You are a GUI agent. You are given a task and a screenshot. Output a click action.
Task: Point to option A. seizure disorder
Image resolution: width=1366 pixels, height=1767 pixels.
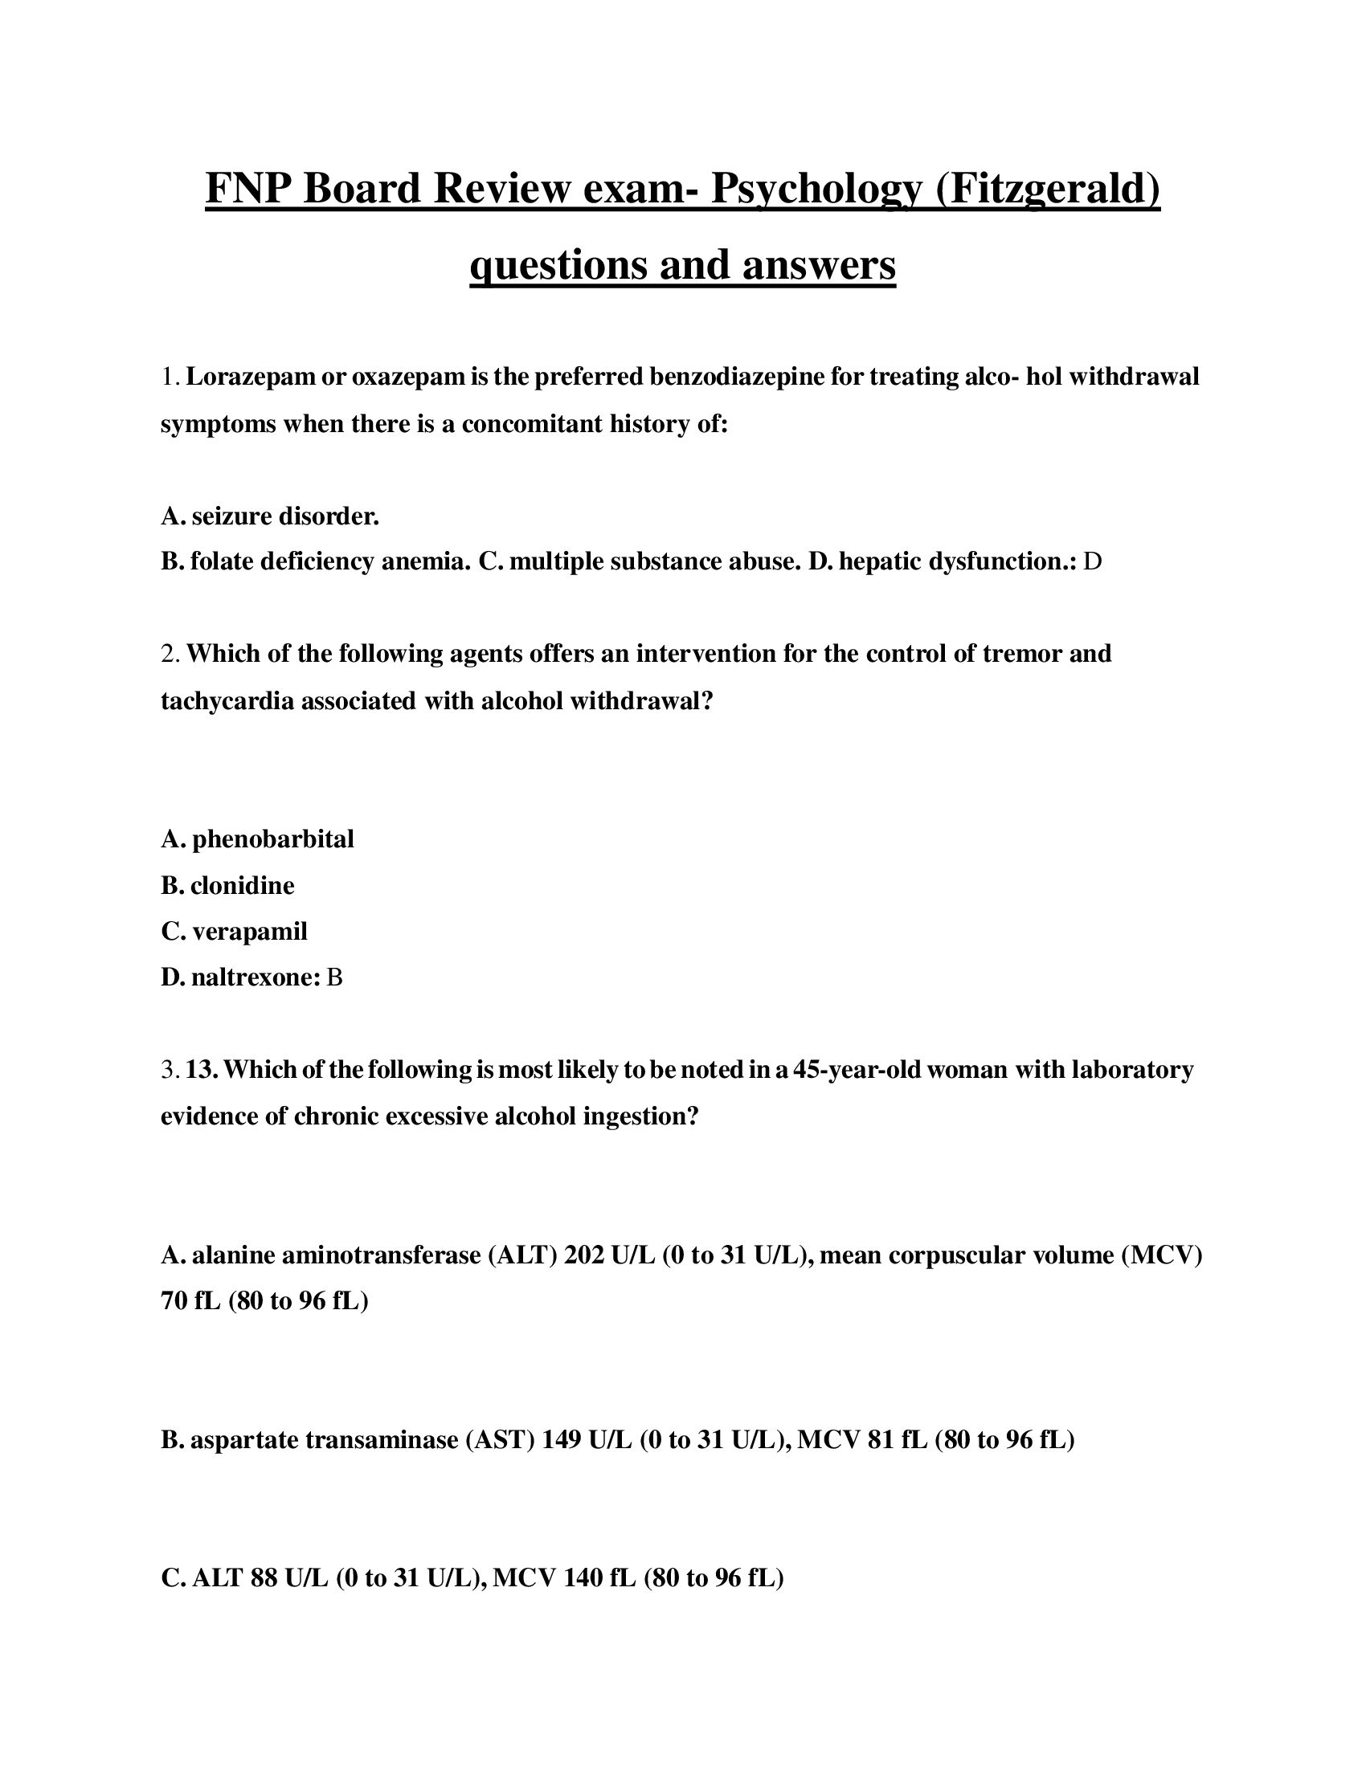(269, 516)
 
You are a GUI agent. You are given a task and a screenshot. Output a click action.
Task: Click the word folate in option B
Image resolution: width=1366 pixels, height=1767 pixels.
(222, 561)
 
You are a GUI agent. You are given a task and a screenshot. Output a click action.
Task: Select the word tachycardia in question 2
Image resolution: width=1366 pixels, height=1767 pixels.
(227, 700)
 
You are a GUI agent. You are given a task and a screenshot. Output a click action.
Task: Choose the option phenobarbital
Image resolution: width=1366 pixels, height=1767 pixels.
(272, 839)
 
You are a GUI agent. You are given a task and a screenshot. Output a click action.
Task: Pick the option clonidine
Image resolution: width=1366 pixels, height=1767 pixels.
(242, 885)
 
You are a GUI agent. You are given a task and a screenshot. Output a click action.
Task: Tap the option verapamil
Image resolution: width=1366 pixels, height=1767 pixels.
(249, 931)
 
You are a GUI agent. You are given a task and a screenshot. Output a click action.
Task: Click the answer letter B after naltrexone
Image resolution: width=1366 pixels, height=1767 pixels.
(334, 978)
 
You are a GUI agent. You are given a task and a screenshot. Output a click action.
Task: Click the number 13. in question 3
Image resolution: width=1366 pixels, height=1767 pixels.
(202, 1070)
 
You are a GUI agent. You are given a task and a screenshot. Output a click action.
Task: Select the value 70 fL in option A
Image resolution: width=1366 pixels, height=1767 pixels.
(190, 1301)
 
